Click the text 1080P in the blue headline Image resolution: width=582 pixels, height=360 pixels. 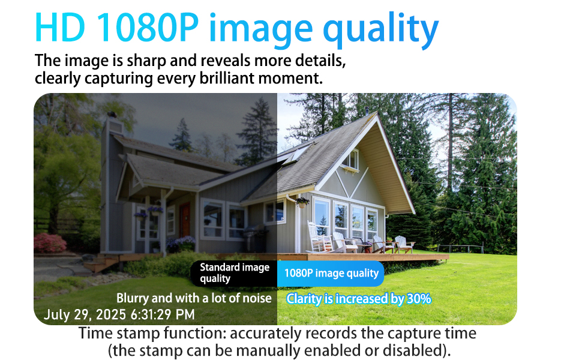coord(148,28)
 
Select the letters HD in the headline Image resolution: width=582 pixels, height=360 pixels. coord(60,28)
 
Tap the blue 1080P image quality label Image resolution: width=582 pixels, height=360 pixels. coord(331,274)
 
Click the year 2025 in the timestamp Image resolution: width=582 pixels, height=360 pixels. coord(110,315)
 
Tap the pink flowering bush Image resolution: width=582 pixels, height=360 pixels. coord(50,243)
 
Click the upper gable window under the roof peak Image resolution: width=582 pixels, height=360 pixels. coord(350,159)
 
